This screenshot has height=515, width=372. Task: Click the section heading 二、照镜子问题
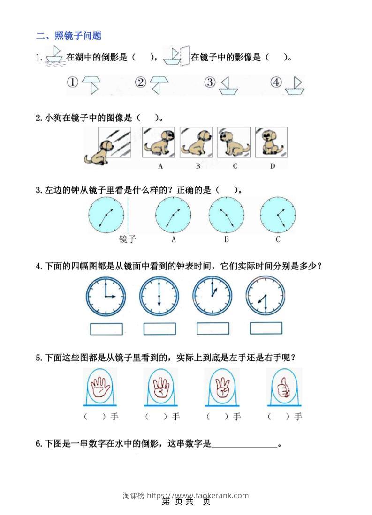click(68, 36)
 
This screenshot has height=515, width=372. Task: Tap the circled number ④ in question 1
click(276, 82)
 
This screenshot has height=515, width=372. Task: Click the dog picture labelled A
click(159, 142)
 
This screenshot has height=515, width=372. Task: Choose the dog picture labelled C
click(234, 142)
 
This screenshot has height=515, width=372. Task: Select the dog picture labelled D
click(271, 142)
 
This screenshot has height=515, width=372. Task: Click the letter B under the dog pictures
click(197, 166)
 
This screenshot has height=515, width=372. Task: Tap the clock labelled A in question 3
click(174, 215)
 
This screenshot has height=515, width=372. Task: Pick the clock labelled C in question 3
click(278, 215)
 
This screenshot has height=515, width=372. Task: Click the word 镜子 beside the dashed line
click(127, 239)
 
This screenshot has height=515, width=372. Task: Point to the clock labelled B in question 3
click(227, 215)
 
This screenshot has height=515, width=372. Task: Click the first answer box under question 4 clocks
click(106, 329)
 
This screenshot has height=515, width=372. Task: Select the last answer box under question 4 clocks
click(266, 328)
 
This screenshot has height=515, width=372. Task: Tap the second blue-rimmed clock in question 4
click(159, 296)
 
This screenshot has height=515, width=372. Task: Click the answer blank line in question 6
click(244, 447)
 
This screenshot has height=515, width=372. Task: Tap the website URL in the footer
click(197, 495)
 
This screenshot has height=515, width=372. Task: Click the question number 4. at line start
click(39, 266)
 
